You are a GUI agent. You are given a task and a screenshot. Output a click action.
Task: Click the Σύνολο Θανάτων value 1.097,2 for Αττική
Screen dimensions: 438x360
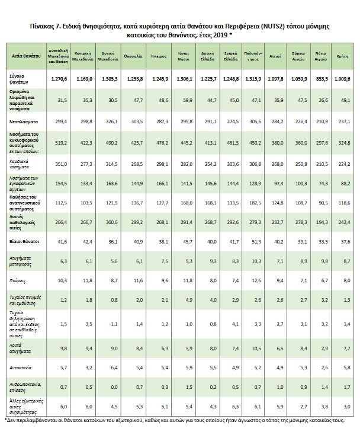click(x=275, y=79)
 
